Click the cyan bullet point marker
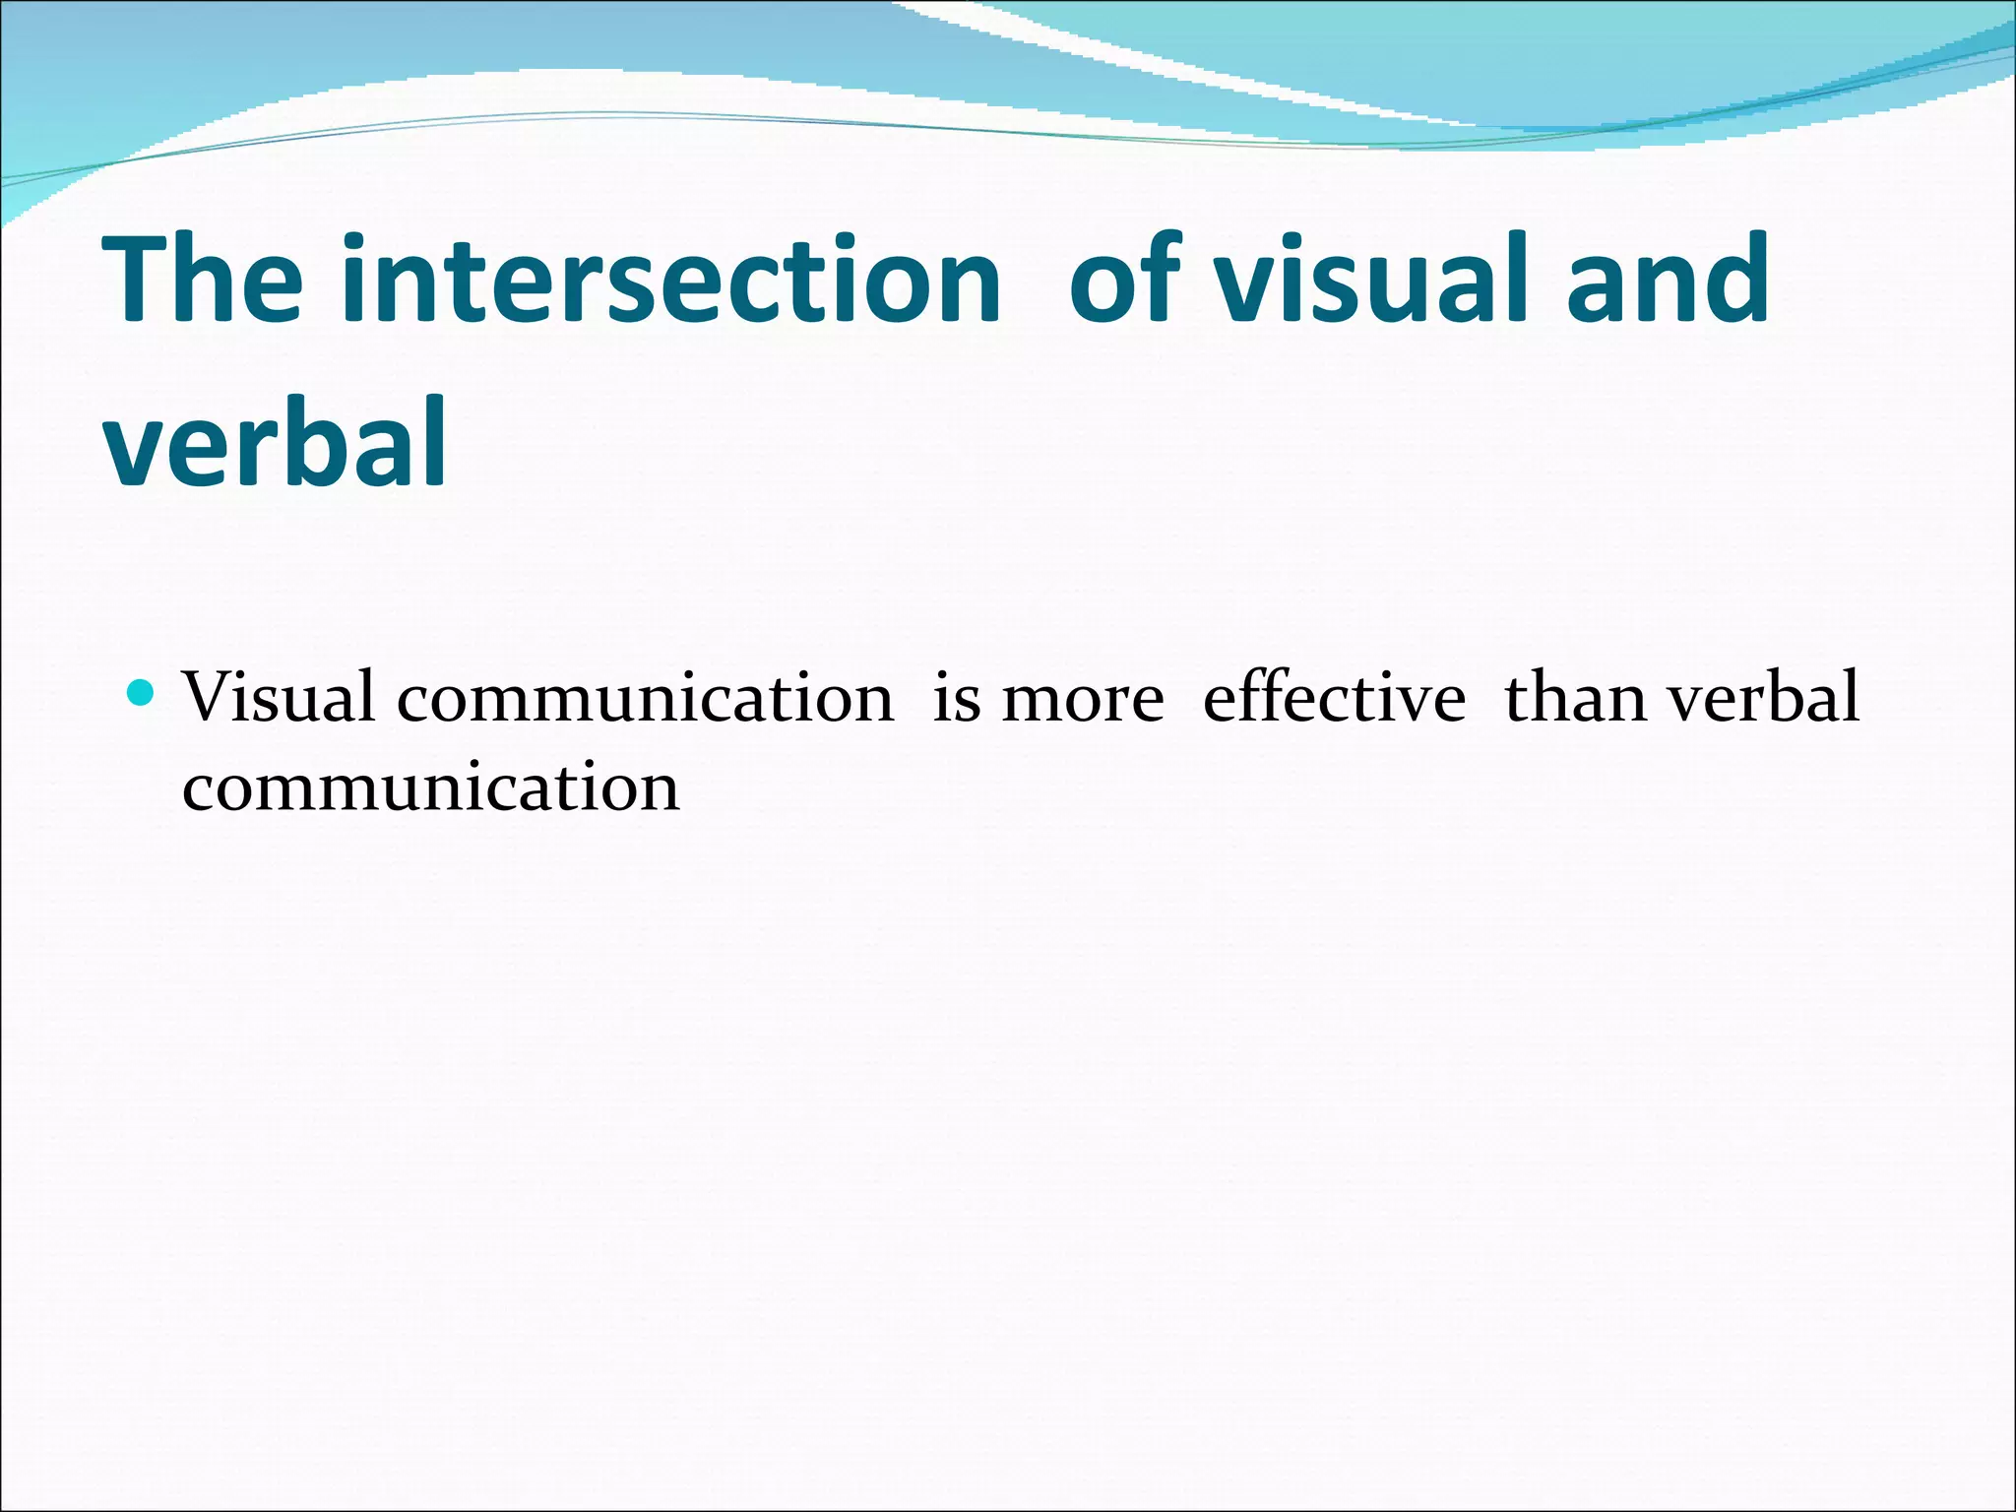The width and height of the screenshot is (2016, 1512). pyautogui.click(x=142, y=693)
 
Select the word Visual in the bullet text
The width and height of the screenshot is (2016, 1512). pyautogui.click(x=279, y=697)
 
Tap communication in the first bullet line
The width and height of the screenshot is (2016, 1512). pyautogui.click(x=645, y=697)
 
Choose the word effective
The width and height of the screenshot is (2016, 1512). pyautogui.click(x=1334, y=697)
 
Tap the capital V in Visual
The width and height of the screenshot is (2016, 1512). pyautogui.click(x=210, y=697)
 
